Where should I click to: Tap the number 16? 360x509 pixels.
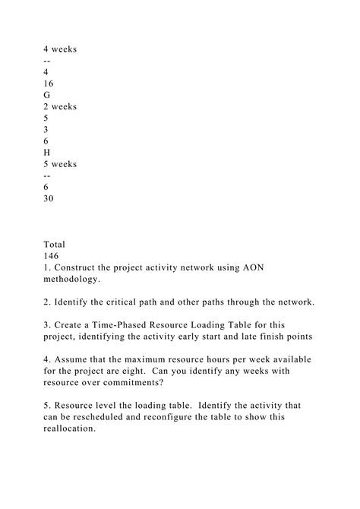49,84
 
